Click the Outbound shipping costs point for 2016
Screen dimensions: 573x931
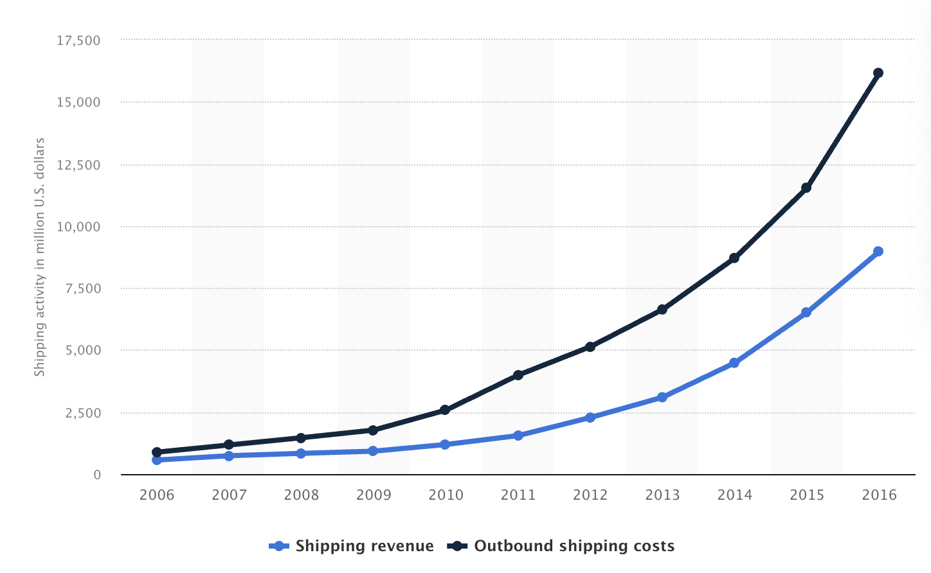coord(878,73)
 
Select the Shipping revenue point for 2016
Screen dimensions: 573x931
coord(878,251)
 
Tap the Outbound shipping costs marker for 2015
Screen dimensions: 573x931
coord(806,188)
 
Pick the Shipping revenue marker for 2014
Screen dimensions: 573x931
coord(734,363)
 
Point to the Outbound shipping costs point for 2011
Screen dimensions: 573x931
coord(518,375)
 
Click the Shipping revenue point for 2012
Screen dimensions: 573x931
coord(590,418)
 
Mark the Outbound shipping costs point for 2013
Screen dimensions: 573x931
coord(662,310)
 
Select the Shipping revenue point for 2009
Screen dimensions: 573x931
coord(373,451)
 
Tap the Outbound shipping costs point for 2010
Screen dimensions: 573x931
coord(445,410)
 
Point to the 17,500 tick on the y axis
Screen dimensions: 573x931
coord(79,40)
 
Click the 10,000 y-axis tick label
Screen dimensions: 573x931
coord(79,227)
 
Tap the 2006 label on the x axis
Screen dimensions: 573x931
coord(157,495)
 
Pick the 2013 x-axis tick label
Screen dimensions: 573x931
coord(662,495)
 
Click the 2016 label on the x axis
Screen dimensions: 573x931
coord(879,495)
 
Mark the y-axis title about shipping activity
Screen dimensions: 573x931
coord(40,257)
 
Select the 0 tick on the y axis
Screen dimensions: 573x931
coord(97,475)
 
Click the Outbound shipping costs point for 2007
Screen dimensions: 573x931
coord(229,445)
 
